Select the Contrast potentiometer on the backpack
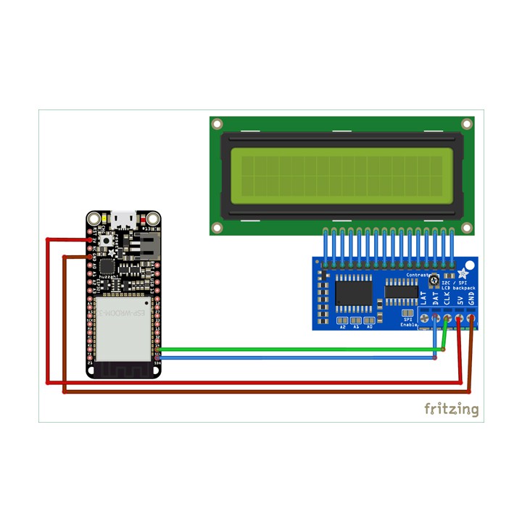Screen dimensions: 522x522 tap(434, 281)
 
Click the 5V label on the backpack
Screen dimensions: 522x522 tap(460, 297)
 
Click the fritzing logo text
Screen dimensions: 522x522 tap(451, 409)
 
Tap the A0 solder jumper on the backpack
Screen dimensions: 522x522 tap(369, 319)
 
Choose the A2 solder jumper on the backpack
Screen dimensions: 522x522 tap(342, 319)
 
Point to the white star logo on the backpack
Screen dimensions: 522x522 tap(463, 273)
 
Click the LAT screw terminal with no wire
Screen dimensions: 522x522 tap(423, 318)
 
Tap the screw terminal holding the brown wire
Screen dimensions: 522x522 tap(472, 318)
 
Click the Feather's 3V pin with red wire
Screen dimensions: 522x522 tap(91, 239)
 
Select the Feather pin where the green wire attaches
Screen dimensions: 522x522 tap(158, 349)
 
